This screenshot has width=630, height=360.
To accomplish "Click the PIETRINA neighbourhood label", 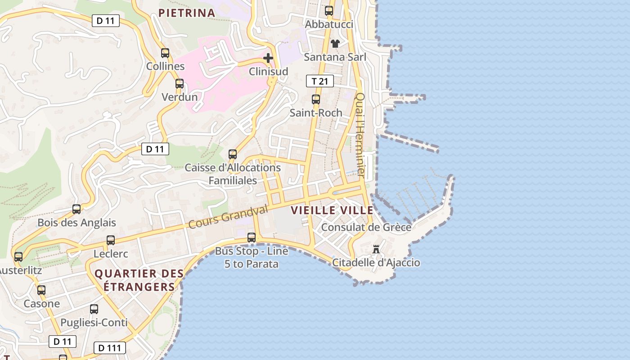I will (x=187, y=13).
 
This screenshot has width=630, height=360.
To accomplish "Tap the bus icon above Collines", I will (x=165, y=53).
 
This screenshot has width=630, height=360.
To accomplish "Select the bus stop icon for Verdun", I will (x=180, y=84).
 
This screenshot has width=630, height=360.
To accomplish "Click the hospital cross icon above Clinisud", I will (x=268, y=58).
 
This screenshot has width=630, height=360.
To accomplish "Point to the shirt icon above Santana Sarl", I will (x=335, y=44).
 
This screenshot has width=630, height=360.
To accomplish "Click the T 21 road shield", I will (x=319, y=81).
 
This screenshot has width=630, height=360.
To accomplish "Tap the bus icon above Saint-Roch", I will (x=316, y=99).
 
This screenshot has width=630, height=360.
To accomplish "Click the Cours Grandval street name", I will (x=228, y=216).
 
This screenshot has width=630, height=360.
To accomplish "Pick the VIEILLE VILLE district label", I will (x=332, y=210).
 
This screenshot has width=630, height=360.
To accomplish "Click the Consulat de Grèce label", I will (x=366, y=227).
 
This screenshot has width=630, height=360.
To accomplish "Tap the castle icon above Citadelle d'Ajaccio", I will (x=376, y=249).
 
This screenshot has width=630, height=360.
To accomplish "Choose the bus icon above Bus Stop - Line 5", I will (x=252, y=237).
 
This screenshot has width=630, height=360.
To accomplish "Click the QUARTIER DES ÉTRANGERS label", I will (x=139, y=280).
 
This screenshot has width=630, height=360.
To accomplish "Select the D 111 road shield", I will (x=109, y=348).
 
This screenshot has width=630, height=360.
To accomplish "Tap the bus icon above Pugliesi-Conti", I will (x=94, y=309).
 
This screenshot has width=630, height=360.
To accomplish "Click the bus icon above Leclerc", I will (x=111, y=240).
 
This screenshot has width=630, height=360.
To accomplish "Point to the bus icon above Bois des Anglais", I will (x=76, y=209).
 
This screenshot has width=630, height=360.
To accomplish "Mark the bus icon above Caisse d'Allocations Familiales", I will (x=233, y=154).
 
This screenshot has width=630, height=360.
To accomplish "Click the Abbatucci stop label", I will (x=329, y=24).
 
